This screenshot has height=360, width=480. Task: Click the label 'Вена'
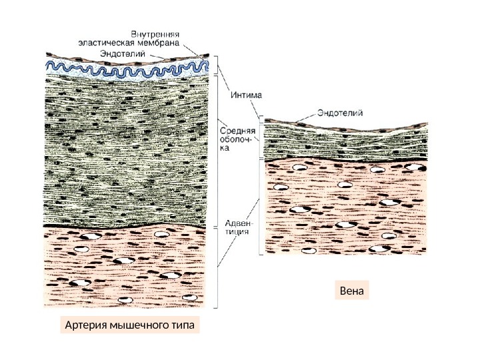[352, 292]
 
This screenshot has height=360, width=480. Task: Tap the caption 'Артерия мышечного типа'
[131, 326]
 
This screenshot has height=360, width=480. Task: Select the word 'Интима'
[246, 95]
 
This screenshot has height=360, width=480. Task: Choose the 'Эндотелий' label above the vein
[340, 113]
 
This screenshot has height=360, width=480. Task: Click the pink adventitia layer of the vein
[345, 207]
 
